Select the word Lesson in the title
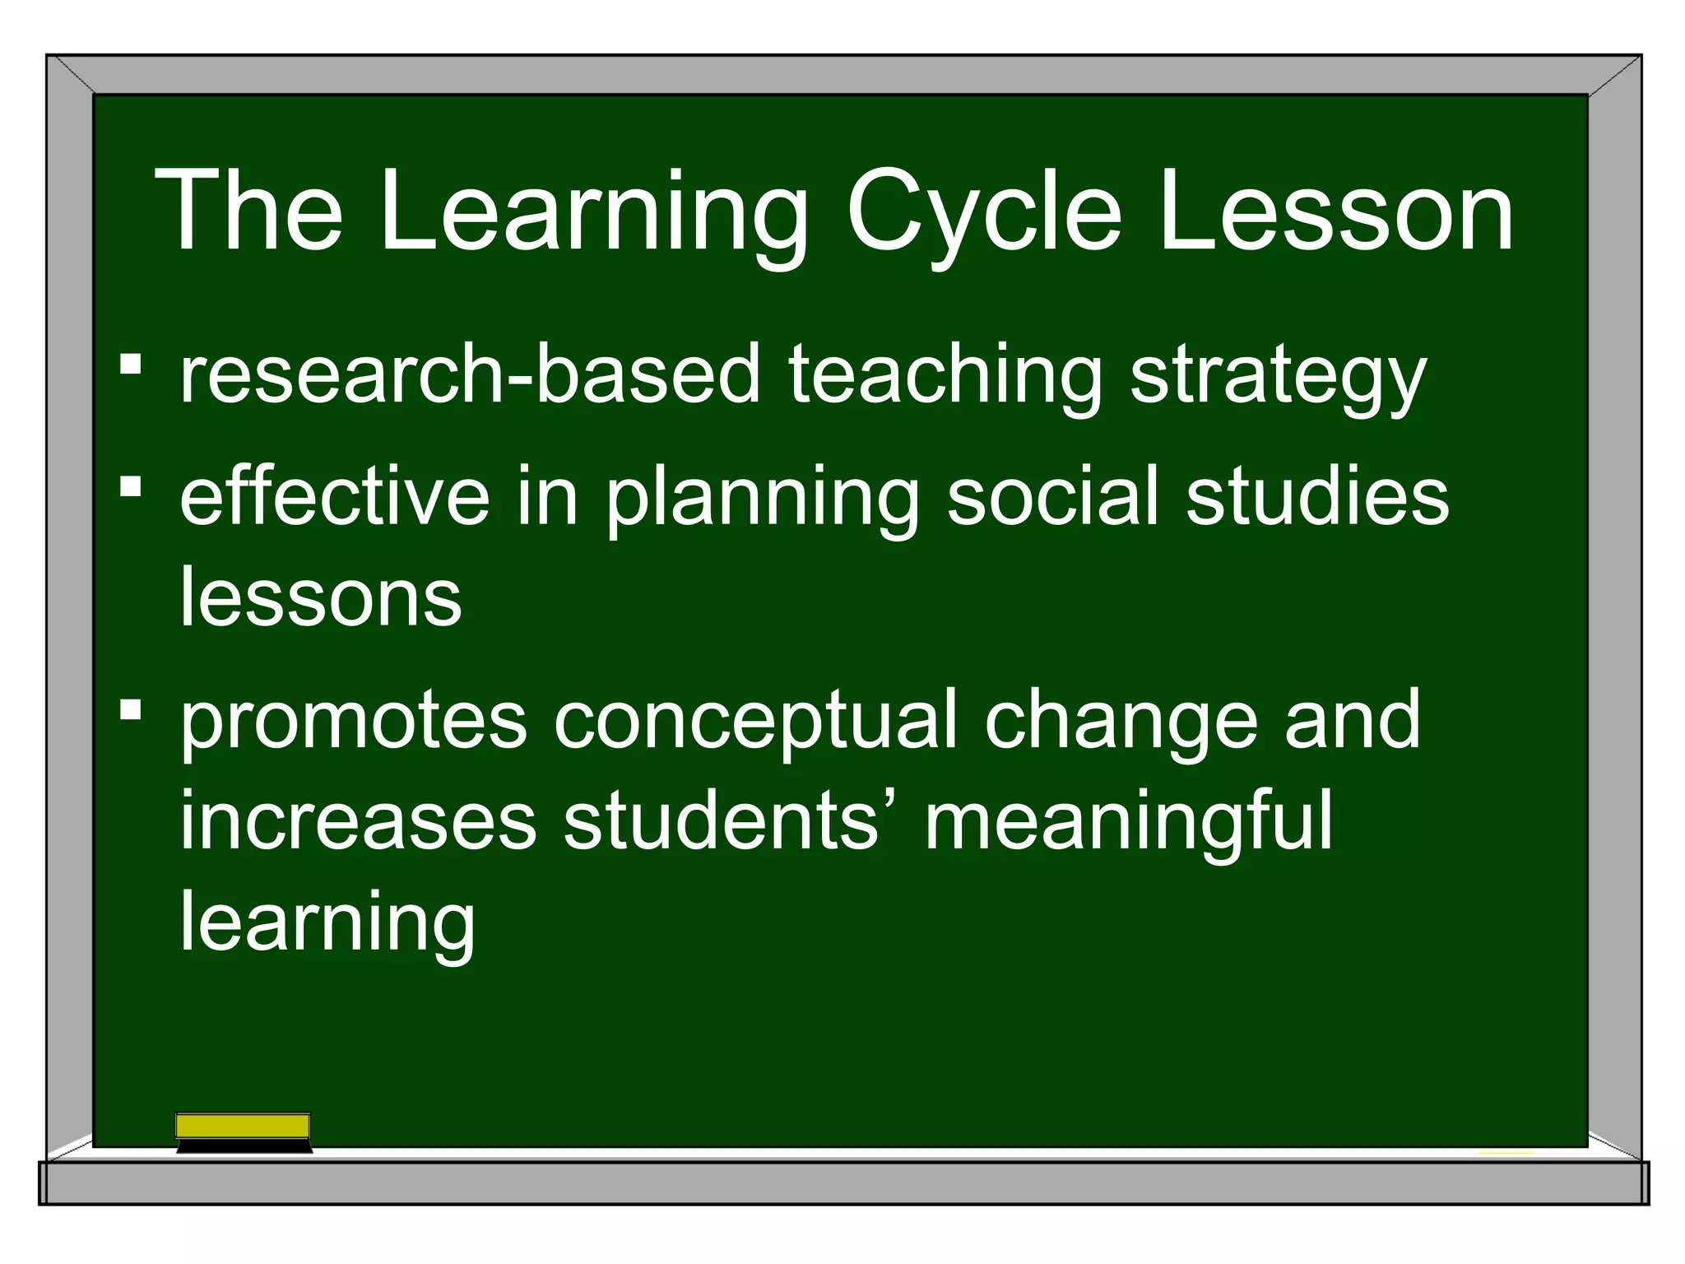tap(1336, 212)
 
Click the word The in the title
tap(248, 212)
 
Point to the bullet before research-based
tap(130, 364)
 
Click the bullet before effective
tap(130, 486)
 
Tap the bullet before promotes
tap(130, 709)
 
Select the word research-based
tap(470, 374)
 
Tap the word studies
tap(1317, 497)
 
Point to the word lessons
tap(321, 597)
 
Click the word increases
tap(359, 820)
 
